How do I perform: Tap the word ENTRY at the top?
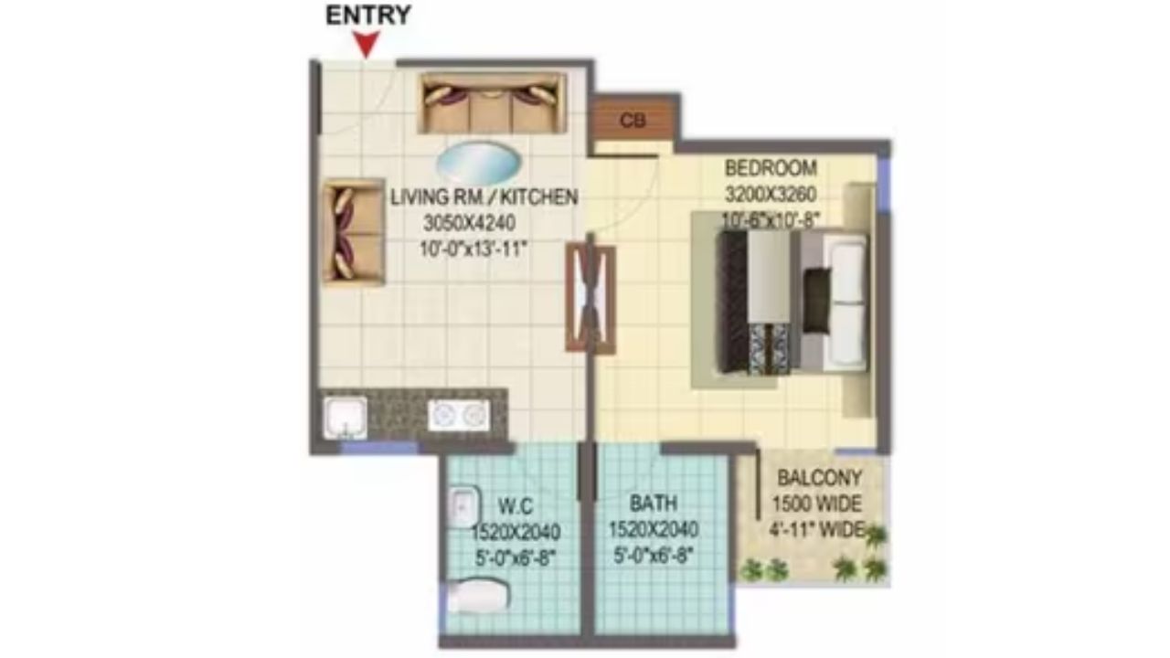click(x=368, y=15)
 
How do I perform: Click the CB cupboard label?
click(x=630, y=121)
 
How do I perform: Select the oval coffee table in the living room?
click(x=478, y=163)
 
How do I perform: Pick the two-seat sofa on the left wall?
click(x=352, y=231)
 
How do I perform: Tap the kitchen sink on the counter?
click(x=346, y=417)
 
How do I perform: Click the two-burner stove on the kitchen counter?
click(x=459, y=415)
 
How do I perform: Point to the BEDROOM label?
click(x=770, y=169)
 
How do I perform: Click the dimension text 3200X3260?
click(x=770, y=194)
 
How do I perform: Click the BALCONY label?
click(x=819, y=477)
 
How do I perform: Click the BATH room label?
click(x=653, y=504)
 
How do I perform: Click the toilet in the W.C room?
click(x=477, y=596)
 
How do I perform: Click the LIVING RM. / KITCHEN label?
click(x=484, y=197)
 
